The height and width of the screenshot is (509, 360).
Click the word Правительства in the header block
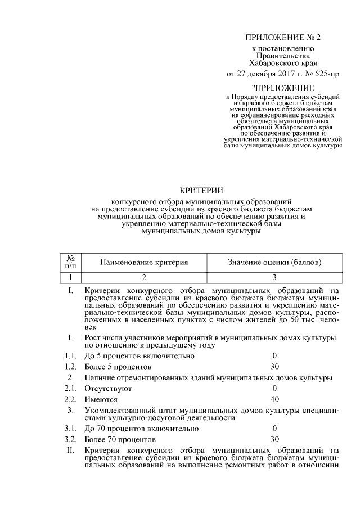[x=282, y=56]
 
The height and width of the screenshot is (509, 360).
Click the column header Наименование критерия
[x=144, y=262]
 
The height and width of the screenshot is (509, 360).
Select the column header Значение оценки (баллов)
[x=274, y=262]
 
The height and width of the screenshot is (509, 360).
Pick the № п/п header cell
[x=71, y=262]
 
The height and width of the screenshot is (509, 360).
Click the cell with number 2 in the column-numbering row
[x=144, y=277]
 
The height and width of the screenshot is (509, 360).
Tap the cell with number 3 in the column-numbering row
[x=274, y=277]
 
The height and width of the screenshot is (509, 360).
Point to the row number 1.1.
[x=70, y=356]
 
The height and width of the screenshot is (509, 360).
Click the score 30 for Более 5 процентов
[x=275, y=366]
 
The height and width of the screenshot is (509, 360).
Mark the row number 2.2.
[x=70, y=399]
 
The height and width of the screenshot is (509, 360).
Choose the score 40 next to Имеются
[x=275, y=399]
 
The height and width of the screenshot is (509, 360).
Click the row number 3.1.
[x=70, y=428]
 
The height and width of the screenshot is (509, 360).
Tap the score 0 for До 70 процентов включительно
[x=275, y=428]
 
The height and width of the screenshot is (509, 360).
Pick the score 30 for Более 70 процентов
[x=275, y=439]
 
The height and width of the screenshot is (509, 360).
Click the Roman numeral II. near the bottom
[x=70, y=450]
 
